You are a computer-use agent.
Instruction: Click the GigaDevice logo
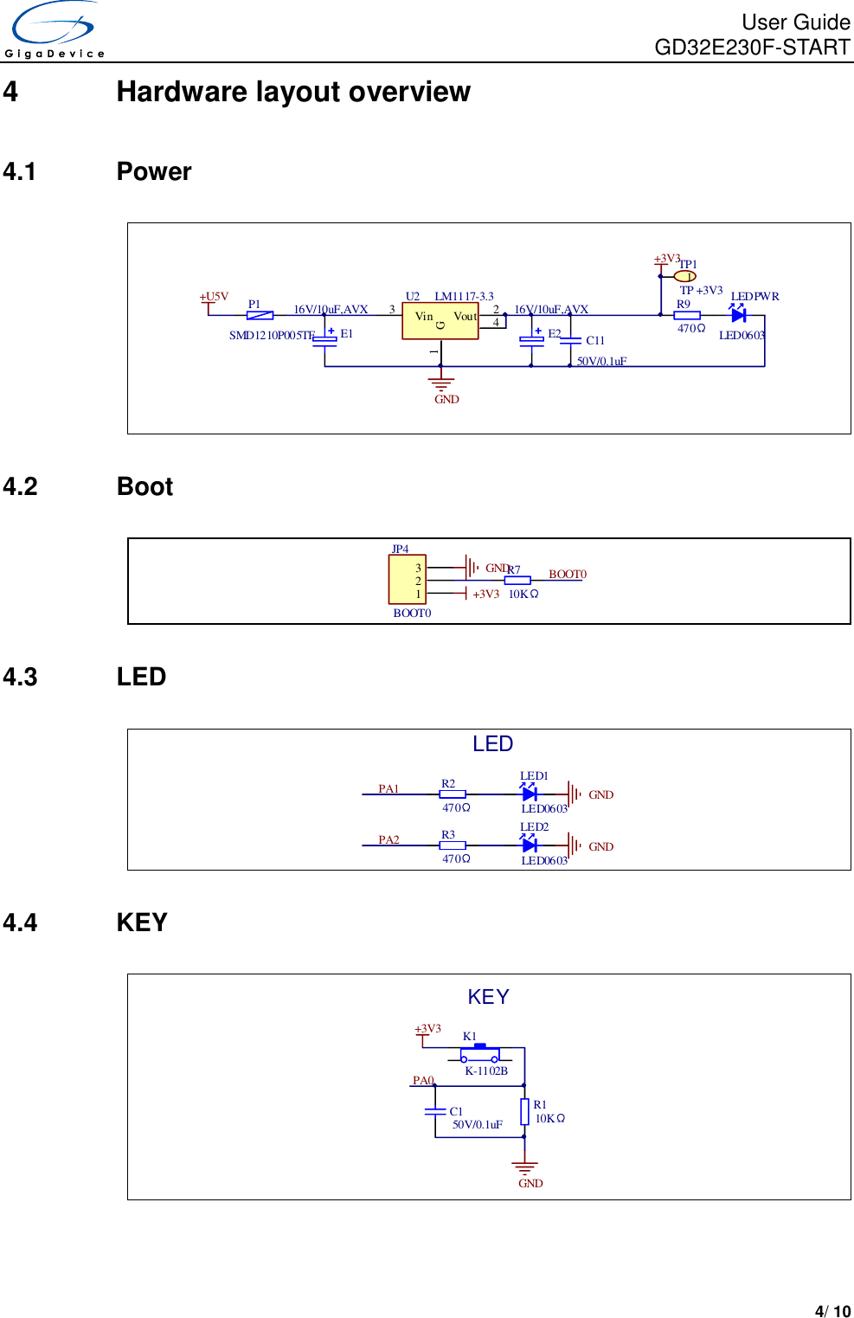tap(55, 30)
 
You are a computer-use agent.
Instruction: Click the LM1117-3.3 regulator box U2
tap(440, 321)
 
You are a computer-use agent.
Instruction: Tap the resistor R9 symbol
tap(687, 315)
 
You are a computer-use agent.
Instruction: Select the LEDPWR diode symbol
tap(738, 315)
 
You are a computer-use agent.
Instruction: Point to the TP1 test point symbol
tap(684, 277)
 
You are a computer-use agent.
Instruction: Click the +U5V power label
tap(214, 297)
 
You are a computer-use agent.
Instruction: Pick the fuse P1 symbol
tap(260, 315)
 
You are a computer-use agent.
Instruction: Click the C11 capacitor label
tap(595, 340)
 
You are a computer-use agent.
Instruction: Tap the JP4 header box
tap(407, 580)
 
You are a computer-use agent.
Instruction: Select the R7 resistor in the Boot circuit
tap(517, 581)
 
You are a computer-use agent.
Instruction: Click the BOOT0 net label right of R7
tap(568, 574)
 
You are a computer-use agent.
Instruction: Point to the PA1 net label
tap(388, 788)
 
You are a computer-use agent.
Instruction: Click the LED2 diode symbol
tap(530, 845)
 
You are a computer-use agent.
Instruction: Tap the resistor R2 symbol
tap(453, 794)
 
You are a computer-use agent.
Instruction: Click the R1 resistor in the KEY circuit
tap(524, 1111)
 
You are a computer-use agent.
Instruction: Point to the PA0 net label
tap(423, 1080)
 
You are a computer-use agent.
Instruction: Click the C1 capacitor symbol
tap(435, 1111)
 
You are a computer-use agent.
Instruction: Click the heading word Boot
tap(144, 486)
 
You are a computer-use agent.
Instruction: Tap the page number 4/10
tap(832, 1311)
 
